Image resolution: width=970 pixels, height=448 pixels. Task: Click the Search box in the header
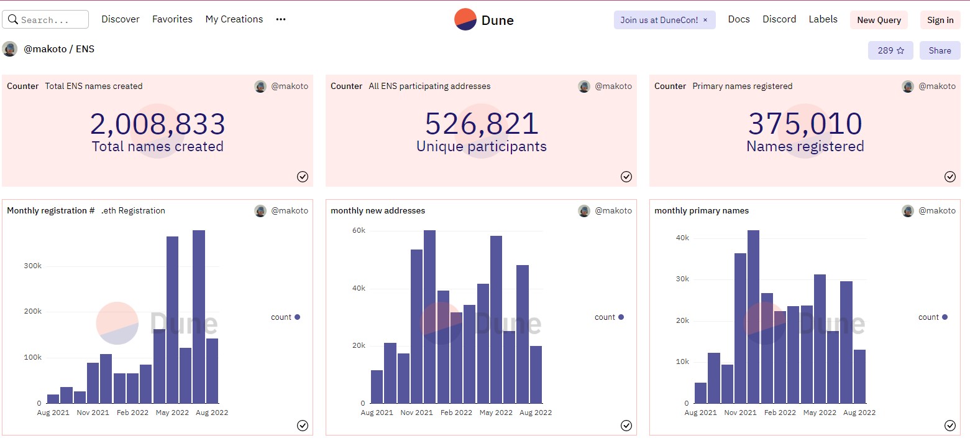coord(45,20)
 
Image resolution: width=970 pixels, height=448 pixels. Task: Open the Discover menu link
coord(121,19)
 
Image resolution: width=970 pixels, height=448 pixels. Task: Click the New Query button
coord(879,20)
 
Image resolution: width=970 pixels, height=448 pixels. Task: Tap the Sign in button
coord(940,20)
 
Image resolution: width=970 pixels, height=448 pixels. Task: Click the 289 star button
coord(890,50)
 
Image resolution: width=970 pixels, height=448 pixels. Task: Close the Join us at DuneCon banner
coord(705,20)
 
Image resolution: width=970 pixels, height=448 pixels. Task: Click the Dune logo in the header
coord(484,20)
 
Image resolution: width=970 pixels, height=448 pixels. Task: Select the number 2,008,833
coord(157,124)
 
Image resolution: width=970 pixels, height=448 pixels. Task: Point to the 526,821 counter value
coord(482,124)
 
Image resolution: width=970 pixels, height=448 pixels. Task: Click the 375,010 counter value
coord(805,124)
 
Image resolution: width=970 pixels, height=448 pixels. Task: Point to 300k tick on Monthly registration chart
coord(32,266)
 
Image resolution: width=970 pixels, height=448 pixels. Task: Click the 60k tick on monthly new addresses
coord(359,231)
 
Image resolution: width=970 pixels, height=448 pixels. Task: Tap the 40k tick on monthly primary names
coord(682,238)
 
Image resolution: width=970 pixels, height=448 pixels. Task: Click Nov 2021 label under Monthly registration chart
coord(93,413)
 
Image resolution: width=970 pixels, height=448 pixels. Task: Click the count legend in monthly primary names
coord(932,317)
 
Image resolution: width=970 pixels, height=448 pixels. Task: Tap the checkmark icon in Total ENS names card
coord(303,177)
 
